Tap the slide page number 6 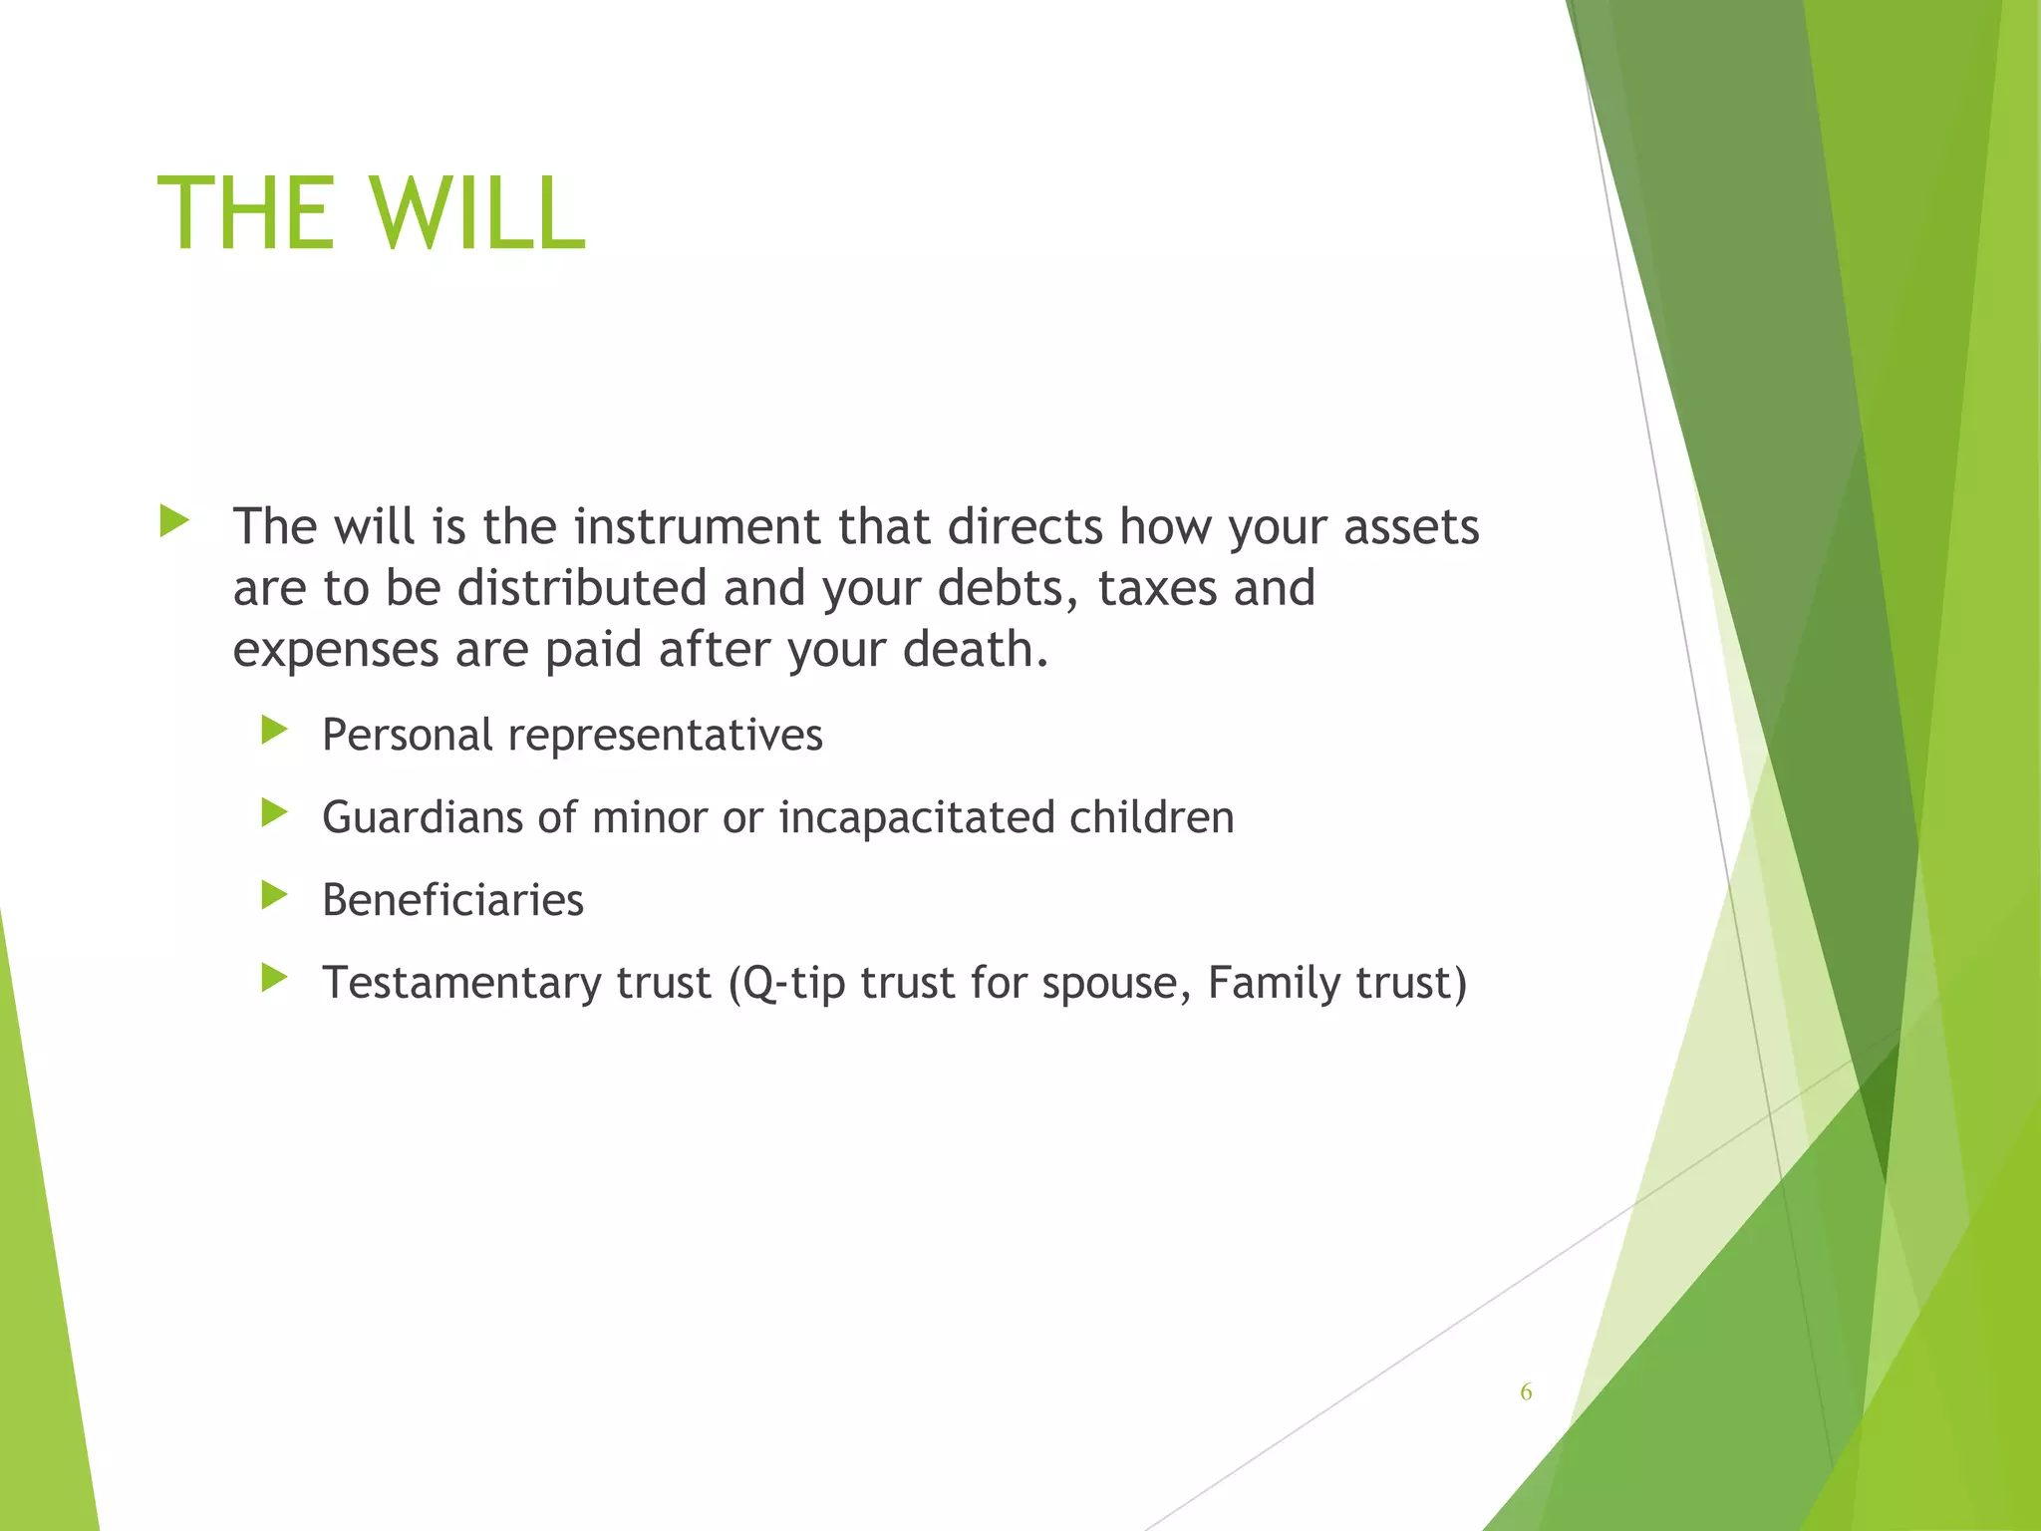pos(1526,1392)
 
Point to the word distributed pos(581,588)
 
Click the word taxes pos(1157,588)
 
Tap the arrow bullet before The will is pos(173,520)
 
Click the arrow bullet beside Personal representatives pos(274,731)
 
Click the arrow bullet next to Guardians pos(274,813)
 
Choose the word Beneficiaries pos(452,900)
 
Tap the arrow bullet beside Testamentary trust pos(274,978)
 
